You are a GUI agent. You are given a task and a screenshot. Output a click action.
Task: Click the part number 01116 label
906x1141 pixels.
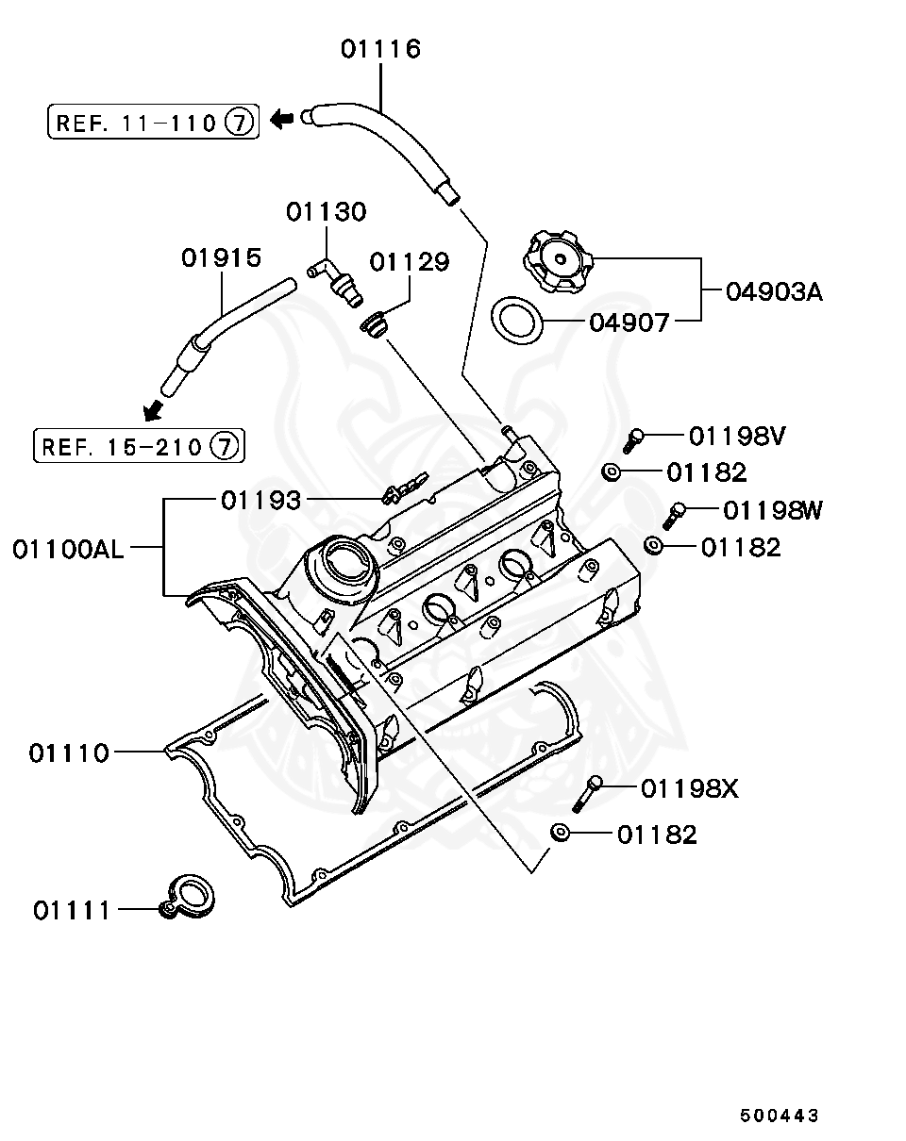pyautogui.click(x=380, y=49)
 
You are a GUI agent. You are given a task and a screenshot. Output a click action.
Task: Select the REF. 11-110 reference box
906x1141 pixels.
pyautogui.click(x=152, y=122)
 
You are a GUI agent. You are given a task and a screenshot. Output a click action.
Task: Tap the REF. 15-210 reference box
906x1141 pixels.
pyautogui.click(x=139, y=445)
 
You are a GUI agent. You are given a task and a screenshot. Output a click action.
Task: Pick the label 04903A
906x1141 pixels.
pyautogui.click(x=774, y=291)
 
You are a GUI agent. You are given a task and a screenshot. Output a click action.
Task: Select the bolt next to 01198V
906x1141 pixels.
pyautogui.click(x=633, y=438)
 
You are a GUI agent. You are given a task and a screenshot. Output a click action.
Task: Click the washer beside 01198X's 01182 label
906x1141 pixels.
pyautogui.click(x=560, y=833)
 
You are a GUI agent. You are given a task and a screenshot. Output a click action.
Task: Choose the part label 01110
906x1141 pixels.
pyautogui.click(x=69, y=752)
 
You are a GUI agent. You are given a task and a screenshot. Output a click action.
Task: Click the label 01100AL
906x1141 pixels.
pyautogui.click(x=68, y=549)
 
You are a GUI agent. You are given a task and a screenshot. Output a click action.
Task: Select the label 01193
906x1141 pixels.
pyautogui.click(x=261, y=500)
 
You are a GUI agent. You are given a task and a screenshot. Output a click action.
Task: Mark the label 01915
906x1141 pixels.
pyautogui.click(x=222, y=258)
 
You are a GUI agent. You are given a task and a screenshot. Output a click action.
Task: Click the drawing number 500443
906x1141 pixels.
pyautogui.click(x=779, y=1116)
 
